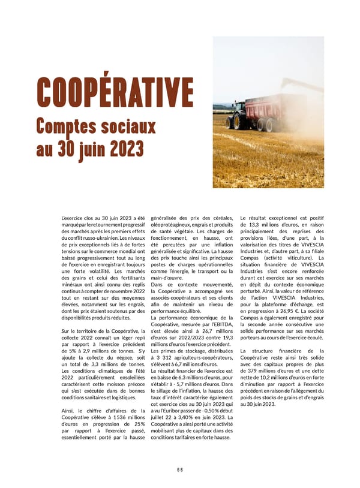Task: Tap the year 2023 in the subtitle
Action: coord(122,148)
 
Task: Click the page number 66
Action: coord(180,469)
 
